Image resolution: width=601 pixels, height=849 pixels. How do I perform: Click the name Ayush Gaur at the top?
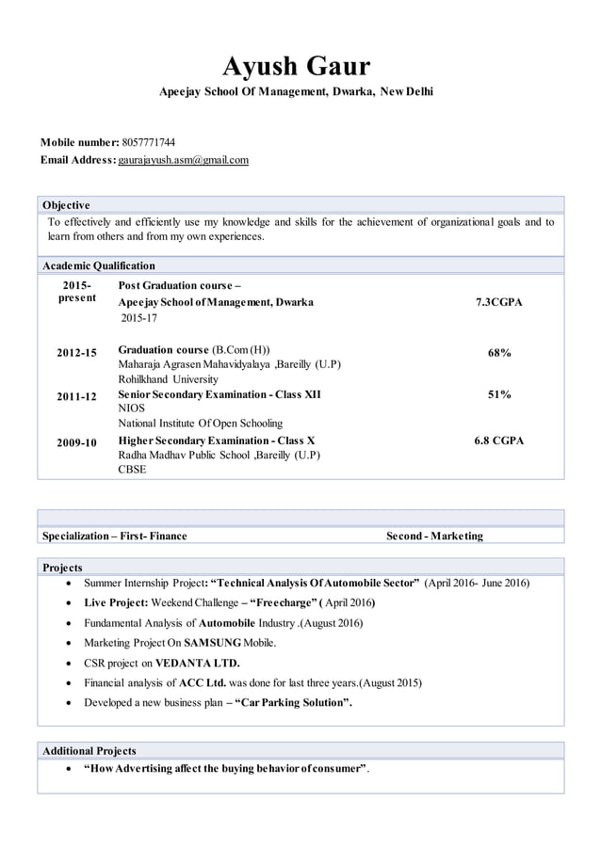[x=296, y=66]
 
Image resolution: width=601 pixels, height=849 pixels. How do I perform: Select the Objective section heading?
[x=66, y=205]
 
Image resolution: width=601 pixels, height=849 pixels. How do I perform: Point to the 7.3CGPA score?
[x=499, y=302]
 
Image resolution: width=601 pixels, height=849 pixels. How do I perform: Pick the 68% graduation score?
[x=499, y=353]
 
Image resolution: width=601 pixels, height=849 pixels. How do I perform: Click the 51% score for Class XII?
[x=499, y=395]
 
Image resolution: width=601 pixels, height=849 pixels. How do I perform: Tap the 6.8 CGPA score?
[x=499, y=441]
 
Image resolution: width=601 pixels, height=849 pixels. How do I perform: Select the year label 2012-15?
[x=76, y=353]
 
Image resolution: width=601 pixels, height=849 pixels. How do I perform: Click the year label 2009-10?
[x=76, y=441]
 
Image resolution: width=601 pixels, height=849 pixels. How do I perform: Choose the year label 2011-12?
[x=76, y=396]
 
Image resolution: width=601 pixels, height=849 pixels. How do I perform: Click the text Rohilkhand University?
[x=168, y=379]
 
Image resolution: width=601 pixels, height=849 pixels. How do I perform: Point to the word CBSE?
[x=132, y=469]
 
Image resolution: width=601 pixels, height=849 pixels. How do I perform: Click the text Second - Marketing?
[x=434, y=536]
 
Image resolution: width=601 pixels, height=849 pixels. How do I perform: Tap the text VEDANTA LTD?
[x=197, y=663]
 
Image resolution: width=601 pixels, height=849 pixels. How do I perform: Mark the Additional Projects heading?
[x=89, y=750]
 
